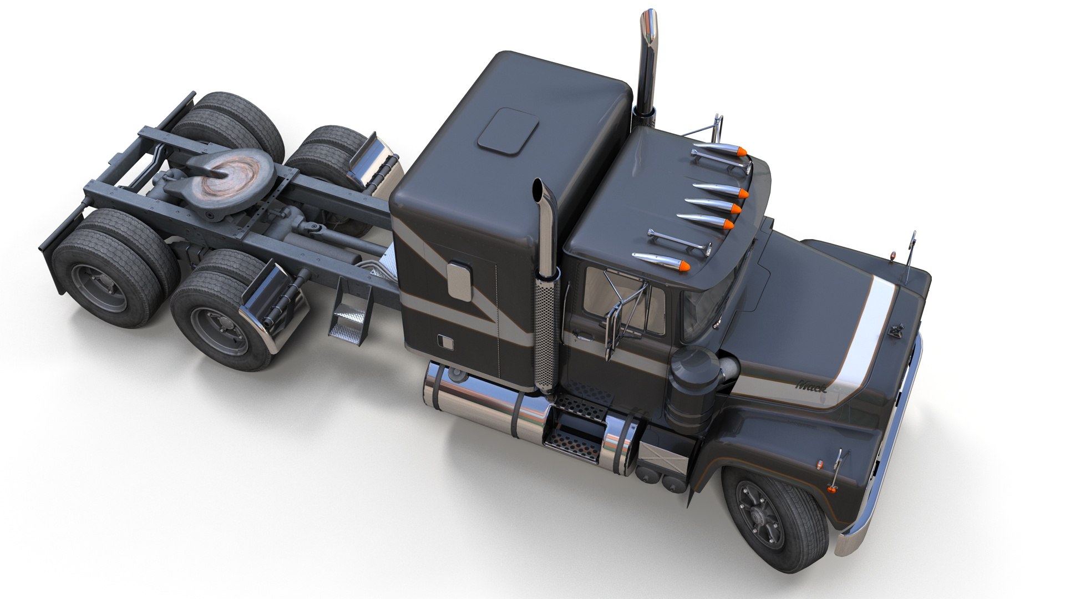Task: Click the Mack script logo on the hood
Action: [x=811, y=385]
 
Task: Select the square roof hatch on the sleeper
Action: [x=508, y=130]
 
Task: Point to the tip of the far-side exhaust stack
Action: [x=649, y=17]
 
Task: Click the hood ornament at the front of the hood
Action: [x=895, y=331]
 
